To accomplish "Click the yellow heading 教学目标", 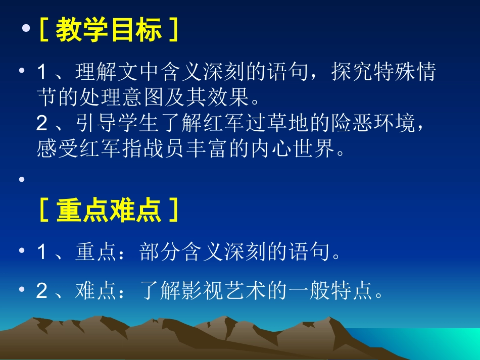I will [x=109, y=31].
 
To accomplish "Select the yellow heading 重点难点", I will [x=109, y=211].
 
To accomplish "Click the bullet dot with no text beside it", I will [x=22, y=180].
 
